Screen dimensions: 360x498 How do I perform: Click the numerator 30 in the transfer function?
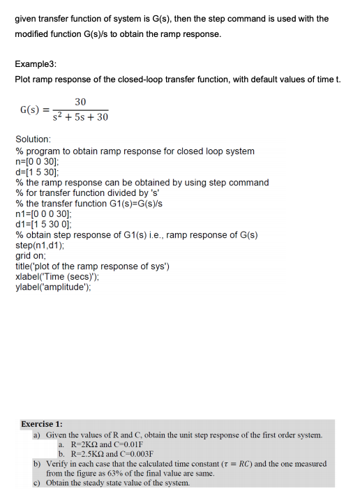click(x=80, y=101)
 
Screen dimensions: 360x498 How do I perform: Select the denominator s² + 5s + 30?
click(x=80, y=117)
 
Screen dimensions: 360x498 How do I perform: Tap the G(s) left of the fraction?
click(x=31, y=110)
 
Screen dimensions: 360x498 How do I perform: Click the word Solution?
click(x=33, y=139)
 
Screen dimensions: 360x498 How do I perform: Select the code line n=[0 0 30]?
click(x=38, y=161)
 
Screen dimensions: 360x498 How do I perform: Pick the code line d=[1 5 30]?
click(x=38, y=172)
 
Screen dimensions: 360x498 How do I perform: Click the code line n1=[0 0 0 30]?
click(x=43, y=213)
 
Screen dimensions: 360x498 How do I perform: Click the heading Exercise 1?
click(x=42, y=424)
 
